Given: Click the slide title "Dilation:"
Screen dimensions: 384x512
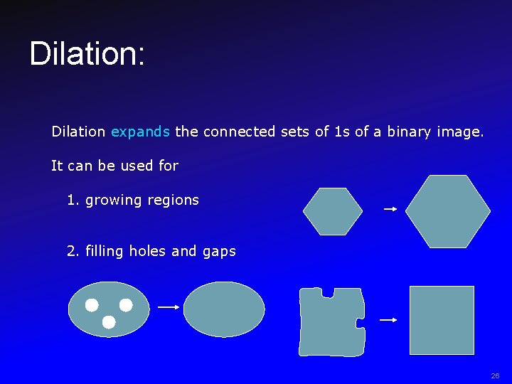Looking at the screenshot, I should [x=87, y=54].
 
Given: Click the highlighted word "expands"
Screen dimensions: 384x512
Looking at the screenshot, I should [x=140, y=132].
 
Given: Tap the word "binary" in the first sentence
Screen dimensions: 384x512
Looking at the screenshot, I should [x=409, y=132].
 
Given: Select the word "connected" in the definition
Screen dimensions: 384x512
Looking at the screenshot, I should [x=238, y=132].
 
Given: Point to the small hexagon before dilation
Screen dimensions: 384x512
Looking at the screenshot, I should [x=332, y=211].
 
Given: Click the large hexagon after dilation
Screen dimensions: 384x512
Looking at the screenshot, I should [x=447, y=211].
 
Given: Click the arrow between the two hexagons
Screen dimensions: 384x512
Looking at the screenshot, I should [x=390, y=209].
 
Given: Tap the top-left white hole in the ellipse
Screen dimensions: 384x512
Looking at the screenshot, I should [x=92, y=305].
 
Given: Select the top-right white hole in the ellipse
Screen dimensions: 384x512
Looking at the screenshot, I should [x=126, y=305].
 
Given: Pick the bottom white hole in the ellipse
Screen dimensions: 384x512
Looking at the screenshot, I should [x=109, y=322].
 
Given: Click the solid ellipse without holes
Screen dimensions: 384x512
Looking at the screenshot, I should [x=224, y=309].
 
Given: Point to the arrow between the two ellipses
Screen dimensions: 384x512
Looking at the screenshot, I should [x=169, y=307].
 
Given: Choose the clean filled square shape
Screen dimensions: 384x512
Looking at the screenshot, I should [x=442, y=320].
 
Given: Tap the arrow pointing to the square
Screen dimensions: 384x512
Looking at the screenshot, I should [x=388, y=321].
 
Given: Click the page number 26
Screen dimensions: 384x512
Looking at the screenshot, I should [x=495, y=375].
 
